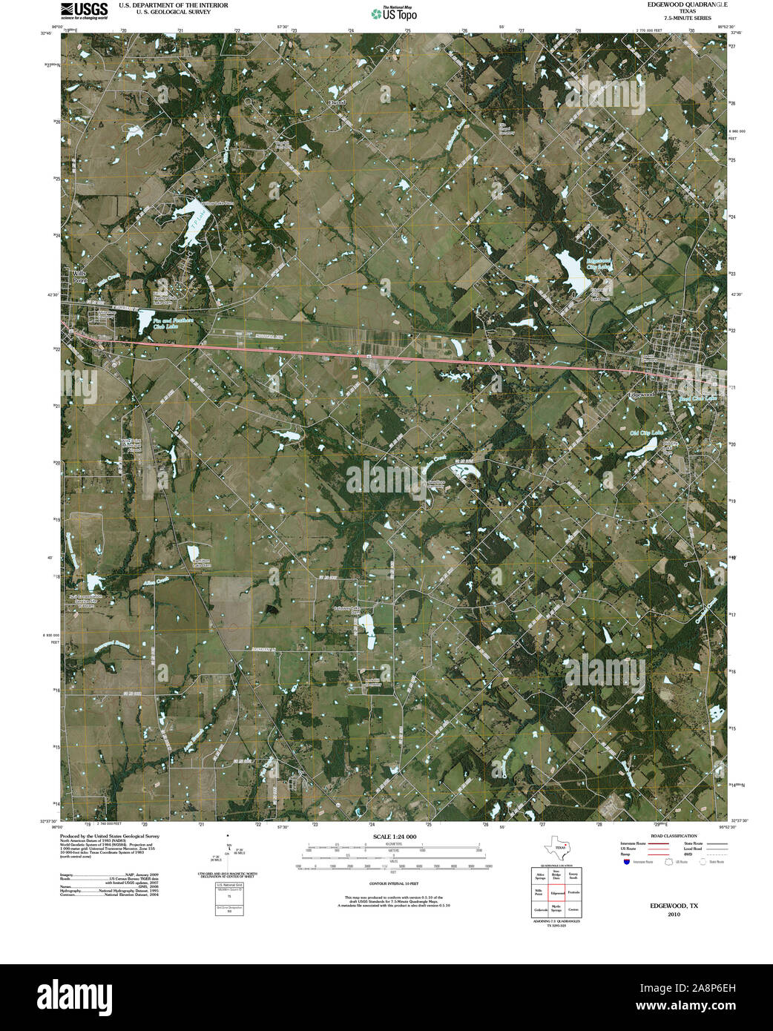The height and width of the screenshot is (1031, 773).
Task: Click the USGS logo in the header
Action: [84, 10]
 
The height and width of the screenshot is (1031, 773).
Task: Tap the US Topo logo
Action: [393, 13]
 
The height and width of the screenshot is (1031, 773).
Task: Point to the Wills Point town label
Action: [79, 277]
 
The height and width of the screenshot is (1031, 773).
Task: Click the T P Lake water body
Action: [191, 220]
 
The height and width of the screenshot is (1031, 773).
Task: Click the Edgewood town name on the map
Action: [641, 395]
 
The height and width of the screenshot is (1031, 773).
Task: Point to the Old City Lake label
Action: [645, 432]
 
